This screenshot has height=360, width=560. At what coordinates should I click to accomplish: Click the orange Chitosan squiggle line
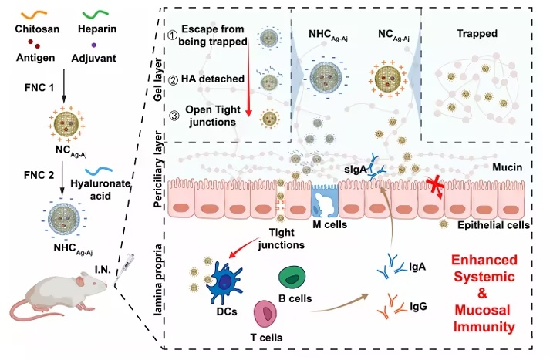29,12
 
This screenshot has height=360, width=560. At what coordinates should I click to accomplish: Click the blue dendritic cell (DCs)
222,279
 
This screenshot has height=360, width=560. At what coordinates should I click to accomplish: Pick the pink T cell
268,313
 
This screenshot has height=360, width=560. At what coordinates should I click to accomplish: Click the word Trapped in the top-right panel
477,34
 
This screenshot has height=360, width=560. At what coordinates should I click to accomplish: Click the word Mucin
507,165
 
